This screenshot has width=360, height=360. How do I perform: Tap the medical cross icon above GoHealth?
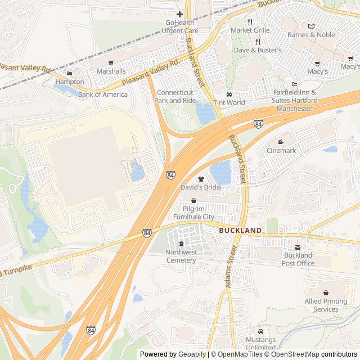tap(179, 14)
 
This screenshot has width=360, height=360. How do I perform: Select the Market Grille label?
tap(249, 30)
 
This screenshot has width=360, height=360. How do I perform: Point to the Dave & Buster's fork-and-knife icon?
tap(258, 42)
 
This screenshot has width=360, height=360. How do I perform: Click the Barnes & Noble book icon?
tap(311, 26)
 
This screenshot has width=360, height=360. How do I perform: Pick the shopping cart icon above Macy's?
tap(317, 64)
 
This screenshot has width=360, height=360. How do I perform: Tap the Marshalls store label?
tap(111, 71)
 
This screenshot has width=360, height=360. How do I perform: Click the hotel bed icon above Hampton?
tap(69, 73)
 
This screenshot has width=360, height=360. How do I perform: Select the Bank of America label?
tap(102, 94)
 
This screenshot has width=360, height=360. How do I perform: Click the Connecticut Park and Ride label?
tap(175, 96)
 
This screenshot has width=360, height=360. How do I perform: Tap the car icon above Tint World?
tap(229, 94)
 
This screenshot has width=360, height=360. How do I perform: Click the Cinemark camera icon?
tap(281, 142)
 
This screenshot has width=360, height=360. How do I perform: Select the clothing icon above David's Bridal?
tap(201, 179)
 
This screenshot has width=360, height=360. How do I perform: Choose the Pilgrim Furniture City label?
tap(193, 213)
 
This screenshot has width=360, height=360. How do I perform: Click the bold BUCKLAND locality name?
tap(240, 231)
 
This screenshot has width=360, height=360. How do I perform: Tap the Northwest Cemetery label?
tap(181, 256)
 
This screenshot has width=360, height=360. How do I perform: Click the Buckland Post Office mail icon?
tap(298, 247)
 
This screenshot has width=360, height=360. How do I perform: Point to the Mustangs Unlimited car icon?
tap(260, 331)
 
